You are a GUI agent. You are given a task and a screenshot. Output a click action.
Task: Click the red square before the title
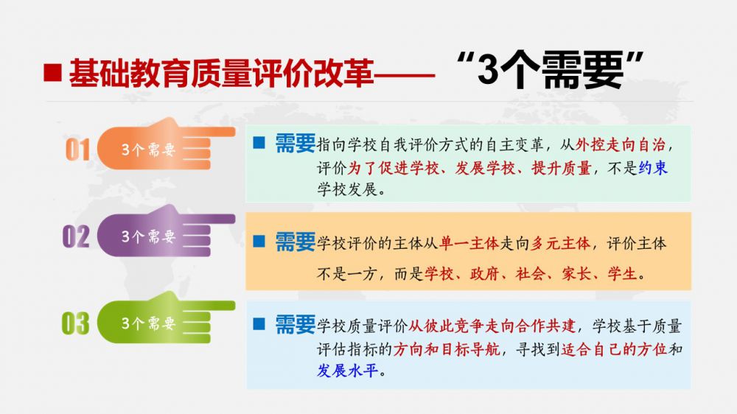pos(52,73)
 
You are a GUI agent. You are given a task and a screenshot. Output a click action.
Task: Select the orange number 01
pos(77,150)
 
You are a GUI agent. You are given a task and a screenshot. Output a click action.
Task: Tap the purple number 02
pos(76,236)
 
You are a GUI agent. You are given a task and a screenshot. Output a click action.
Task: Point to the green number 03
pos(75,323)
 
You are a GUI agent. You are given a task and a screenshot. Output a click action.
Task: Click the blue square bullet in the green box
pos(259,142)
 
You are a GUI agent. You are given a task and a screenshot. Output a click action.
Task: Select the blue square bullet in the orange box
pos(259,241)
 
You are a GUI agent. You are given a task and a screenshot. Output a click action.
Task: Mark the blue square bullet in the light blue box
pos(259,324)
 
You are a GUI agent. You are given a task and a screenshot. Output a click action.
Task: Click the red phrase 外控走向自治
pos(621,144)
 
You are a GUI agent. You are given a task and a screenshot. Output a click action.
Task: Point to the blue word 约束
pos(653,168)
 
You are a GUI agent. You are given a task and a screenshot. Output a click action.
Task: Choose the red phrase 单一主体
pos(469,243)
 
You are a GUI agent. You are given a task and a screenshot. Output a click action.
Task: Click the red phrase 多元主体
pos(560,243)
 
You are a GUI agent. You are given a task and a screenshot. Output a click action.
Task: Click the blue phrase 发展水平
pos(347,371)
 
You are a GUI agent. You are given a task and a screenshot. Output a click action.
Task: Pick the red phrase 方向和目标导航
pos(447,349)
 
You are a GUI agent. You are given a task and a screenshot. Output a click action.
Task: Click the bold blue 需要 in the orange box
pos(296,242)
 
